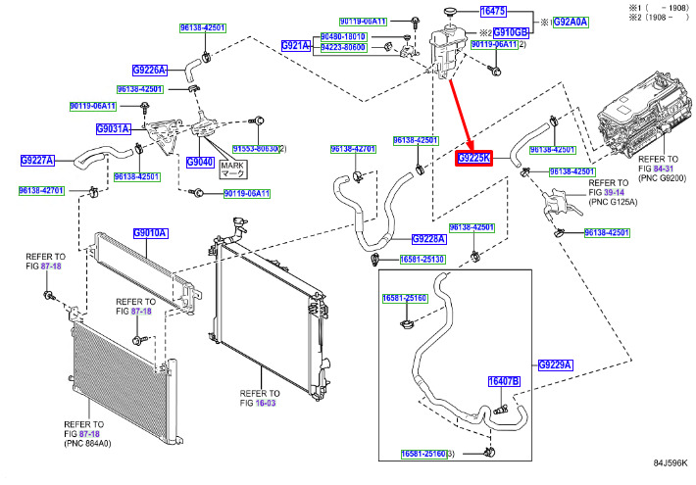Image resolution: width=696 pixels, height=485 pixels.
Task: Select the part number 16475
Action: (492, 11)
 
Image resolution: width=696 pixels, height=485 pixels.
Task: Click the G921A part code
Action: (295, 46)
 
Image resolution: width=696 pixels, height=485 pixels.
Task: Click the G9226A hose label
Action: (150, 70)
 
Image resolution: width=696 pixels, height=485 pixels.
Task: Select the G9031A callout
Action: (113, 129)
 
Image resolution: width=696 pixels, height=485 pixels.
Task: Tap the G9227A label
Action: (38, 160)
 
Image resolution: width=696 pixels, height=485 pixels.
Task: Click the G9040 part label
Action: (199, 162)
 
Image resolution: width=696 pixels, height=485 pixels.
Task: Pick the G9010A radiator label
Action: (150, 233)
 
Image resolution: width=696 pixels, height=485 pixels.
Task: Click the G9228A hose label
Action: (429, 238)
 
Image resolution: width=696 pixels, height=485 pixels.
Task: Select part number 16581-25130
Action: (422, 260)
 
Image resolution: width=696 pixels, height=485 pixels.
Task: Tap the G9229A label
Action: (555, 364)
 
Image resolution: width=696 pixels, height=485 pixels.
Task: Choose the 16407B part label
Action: (504, 381)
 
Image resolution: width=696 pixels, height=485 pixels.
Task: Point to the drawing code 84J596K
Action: (671, 463)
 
